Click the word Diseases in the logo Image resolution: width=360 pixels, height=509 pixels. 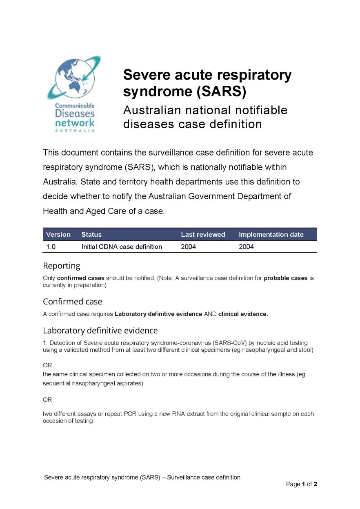[75, 114]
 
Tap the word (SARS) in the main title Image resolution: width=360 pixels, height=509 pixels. [221, 92]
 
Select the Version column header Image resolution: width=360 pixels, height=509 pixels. [58, 234]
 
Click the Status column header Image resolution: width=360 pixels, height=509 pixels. [91, 234]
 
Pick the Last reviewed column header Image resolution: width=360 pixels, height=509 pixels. [203, 234]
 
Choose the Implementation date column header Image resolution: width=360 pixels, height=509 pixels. [271, 234]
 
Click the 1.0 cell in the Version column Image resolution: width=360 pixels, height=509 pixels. [51, 247]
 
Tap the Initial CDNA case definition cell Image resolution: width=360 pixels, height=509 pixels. [122, 247]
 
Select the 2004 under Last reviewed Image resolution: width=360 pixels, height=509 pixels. [188, 247]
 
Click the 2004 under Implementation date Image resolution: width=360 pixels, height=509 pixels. [246, 247]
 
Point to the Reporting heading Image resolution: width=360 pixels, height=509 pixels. [62, 266]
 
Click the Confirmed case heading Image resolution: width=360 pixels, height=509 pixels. [73, 302]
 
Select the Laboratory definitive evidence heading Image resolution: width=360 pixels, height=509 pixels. [100, 330]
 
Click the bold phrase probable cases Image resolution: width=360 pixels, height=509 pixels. [285, 278]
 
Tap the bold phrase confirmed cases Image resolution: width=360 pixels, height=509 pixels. [81, 278]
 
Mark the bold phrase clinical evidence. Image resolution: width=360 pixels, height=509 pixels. [243, 314]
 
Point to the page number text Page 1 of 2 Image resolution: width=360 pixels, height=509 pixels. [302, 484]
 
